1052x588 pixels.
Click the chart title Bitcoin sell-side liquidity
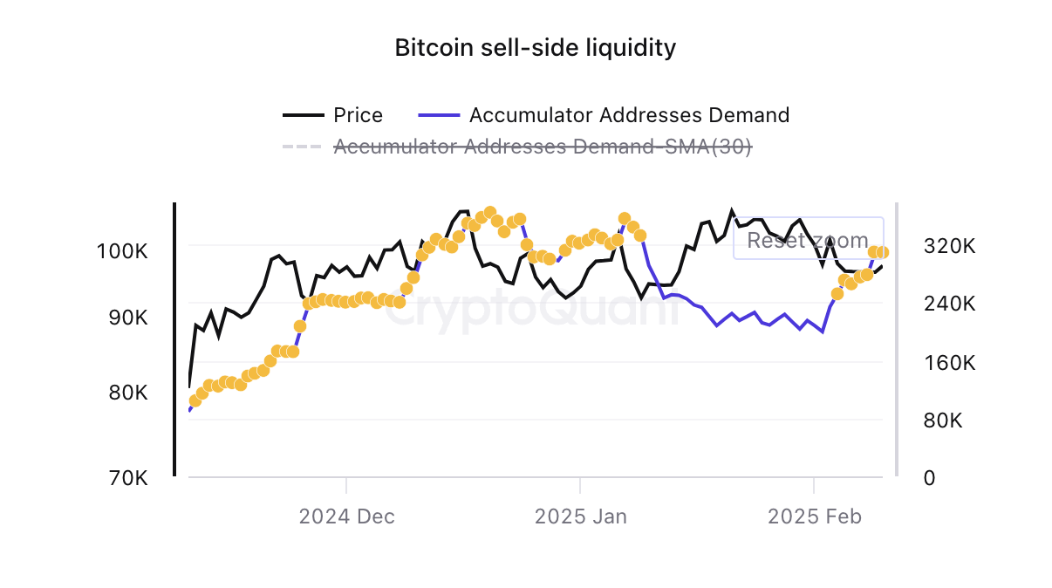(x=535, y=47)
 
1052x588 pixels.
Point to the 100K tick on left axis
(x=122, y=252)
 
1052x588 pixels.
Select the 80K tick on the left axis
(x=127, y=393)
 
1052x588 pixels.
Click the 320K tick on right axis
(x=949, y=246)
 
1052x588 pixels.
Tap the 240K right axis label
(x=949, y=304)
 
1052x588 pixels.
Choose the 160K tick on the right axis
(x=949, y=363)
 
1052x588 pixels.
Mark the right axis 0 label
(x=930, y=478)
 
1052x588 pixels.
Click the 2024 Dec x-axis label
(x=346, y=516)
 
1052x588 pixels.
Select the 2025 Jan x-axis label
(x=580, y=516)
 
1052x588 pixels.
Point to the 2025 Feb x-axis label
(x=814, y=516)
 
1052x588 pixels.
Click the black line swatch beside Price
(x=302, y=115)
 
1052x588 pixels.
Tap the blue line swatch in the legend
(x=439, y=115)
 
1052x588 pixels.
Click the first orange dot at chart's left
(x=195, y=401)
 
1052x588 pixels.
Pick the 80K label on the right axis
(x=943, y=420)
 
